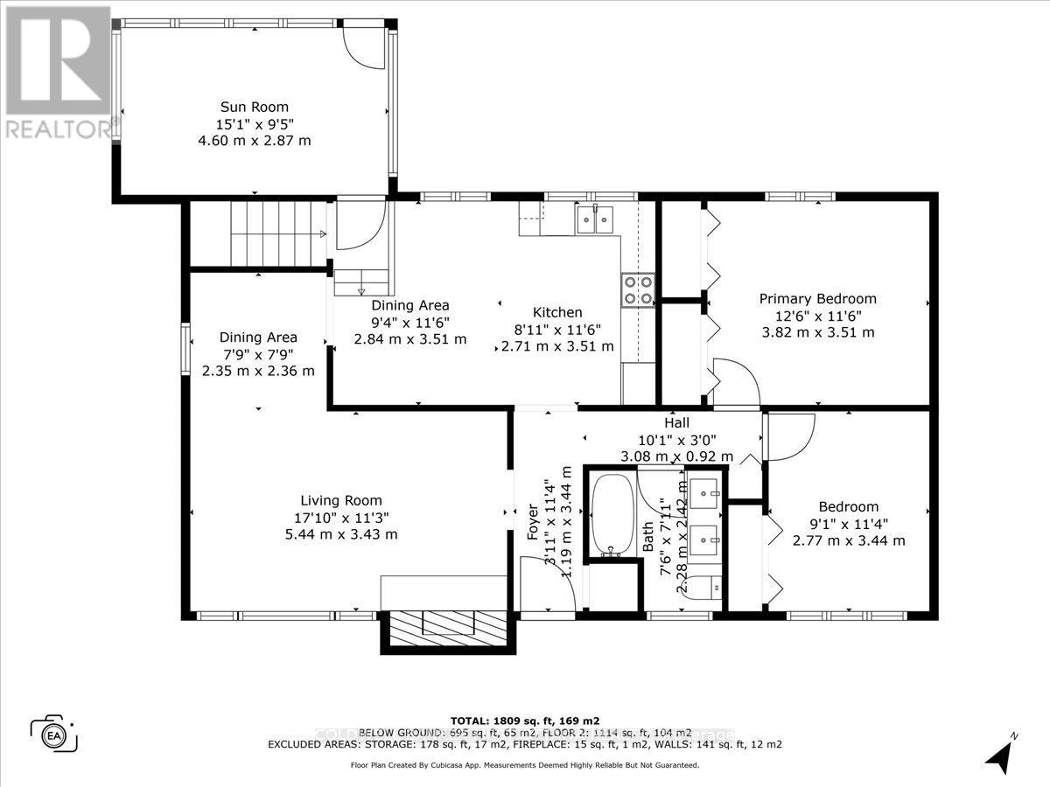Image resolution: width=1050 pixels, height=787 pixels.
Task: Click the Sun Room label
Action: coord(254,107)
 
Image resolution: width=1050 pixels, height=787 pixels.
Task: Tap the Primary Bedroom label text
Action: coord(816,299)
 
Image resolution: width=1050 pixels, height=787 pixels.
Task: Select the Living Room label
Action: coord(341,501)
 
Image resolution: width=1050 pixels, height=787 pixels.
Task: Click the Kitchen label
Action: coord(557,312)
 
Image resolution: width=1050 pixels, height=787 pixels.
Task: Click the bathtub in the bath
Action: coord(611,514)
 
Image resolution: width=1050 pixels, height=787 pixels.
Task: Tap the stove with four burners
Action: coord(638,290)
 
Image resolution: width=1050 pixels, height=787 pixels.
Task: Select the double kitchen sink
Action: coord(597,219)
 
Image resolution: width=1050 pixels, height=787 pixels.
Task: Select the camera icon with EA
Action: coord(54,733)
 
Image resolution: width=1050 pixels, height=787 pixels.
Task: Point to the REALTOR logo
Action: coord(57,70)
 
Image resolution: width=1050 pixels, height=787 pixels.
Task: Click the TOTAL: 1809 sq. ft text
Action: coord(524,721)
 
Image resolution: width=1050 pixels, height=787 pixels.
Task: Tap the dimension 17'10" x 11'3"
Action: coord(341,518)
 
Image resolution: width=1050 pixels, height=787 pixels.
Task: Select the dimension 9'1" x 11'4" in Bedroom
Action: coord(848,524)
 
